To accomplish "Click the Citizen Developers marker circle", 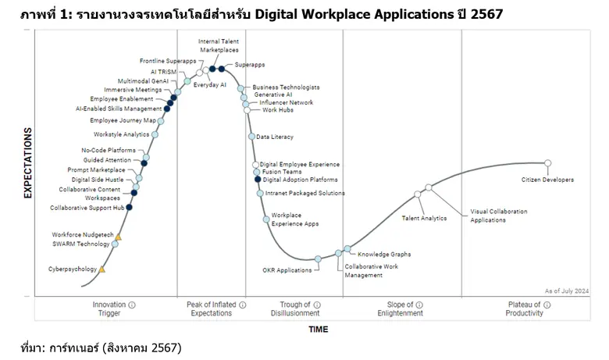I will pyautogui.click(x=547, y=163).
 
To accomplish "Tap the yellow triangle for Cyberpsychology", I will pyautogui.click(x=101, y=269).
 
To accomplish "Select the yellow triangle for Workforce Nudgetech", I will pyautogui.click(x=119, y=235).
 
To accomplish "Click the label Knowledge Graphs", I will pyautogui.click(x=384, y=254).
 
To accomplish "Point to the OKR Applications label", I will pyautogui.click(x=287, y=270).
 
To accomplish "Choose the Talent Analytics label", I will pyautogui.click(x=424, y=219).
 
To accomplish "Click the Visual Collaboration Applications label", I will pyautogui.click(x=498, y=216).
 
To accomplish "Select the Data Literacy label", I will pyautogui.click(x=275, y=137).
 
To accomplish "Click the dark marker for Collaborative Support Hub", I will pyautogui.click(x=129, y=208).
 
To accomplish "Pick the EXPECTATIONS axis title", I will pyautogui.click(x=27, y=163).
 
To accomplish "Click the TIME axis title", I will pyautogui.click(x=318, y=330).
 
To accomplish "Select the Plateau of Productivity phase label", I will pyautogui.click(x=524, y=308).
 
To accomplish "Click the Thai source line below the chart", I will pyautogui.click(x=101, y=347).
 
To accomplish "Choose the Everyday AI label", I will pyautogui.click(x=209, y=84).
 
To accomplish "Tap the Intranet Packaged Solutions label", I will pyautogui.click(x=304, y=193).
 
